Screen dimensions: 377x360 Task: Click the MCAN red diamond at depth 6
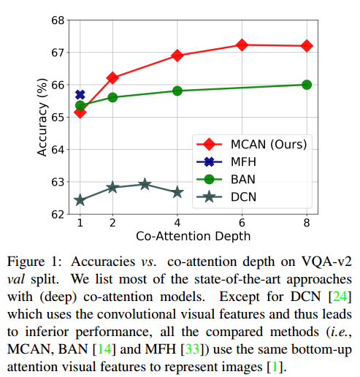242,45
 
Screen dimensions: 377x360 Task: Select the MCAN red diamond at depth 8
307,45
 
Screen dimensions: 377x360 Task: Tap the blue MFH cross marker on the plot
80,95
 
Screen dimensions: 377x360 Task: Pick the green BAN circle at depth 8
307,85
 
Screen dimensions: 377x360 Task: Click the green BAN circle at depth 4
177,91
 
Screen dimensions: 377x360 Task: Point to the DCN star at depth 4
177,192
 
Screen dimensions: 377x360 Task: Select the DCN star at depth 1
80,200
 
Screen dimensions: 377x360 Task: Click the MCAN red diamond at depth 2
112,77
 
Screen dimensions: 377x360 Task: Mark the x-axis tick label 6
242,222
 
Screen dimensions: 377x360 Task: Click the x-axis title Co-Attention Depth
194,236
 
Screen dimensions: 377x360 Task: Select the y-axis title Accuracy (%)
42,117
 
